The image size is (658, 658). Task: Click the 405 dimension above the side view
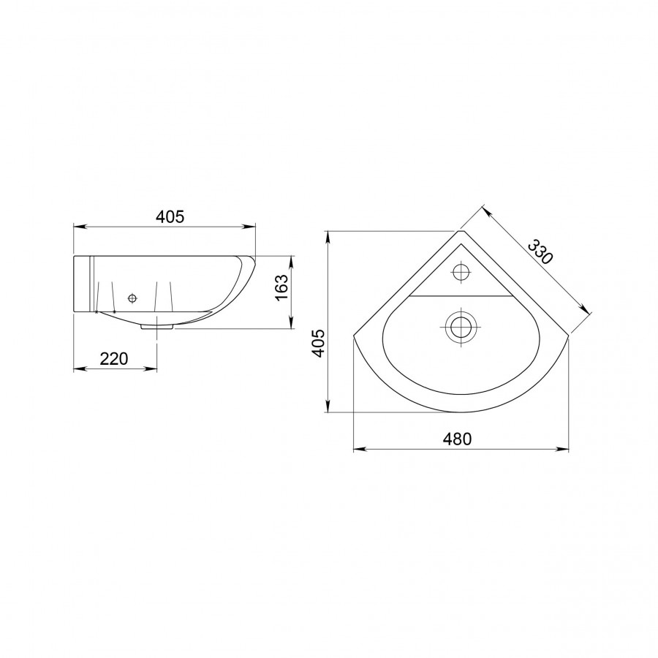(x=170, y=216)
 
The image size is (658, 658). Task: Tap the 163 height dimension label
(x=282, y=287)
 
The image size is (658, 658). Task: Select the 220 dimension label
(x=114, y=359)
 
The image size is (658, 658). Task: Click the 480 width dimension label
(x=458, y=439)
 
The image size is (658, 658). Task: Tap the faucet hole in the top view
(x=461, y=273)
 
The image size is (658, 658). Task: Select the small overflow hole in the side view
(x=132, y=298)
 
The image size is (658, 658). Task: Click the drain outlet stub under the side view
(x=157, y=326)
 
